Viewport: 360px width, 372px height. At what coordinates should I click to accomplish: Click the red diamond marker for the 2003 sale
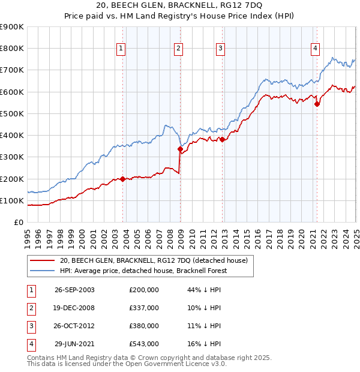(123, 179)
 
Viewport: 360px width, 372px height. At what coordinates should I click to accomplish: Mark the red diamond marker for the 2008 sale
(180, 149)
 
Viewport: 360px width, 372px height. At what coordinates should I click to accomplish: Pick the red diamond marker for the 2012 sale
(222, 140)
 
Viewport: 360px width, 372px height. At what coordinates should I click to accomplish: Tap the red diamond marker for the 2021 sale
(317, 104)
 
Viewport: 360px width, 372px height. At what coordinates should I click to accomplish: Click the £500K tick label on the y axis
(12, 113)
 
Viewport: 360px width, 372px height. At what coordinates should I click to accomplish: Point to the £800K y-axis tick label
(12, 48)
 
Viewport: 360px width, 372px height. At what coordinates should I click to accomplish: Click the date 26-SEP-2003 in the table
(74, 289)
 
